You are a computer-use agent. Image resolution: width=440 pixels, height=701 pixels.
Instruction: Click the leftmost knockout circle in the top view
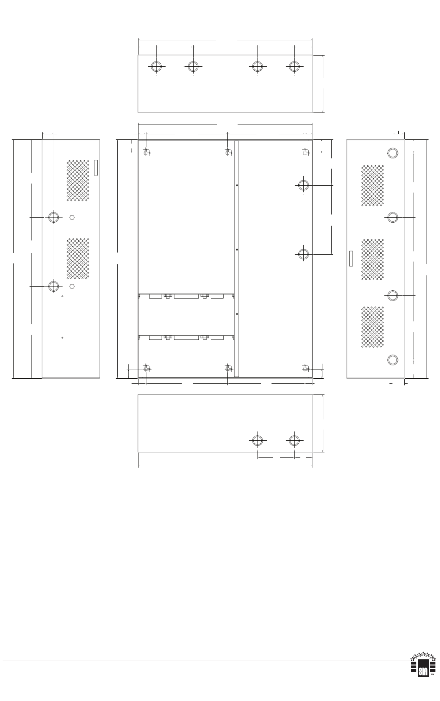(x=156, y=66)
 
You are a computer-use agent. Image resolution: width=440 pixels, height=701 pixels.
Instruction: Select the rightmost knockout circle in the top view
(x=294, y=66)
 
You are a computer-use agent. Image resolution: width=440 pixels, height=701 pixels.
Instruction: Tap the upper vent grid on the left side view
(x=78, y=181)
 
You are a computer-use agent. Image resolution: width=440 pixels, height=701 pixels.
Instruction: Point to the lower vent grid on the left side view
(x=78, y=258)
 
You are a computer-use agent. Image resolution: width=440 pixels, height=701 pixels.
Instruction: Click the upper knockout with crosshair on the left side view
(x=54, y=217)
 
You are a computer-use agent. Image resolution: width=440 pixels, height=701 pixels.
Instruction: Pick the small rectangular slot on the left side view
(x=96, y=168)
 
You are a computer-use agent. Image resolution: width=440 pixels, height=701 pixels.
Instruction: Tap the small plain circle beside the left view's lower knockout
(x=72, y=286)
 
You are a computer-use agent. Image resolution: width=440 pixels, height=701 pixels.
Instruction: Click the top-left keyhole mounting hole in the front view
(x=146, y=152)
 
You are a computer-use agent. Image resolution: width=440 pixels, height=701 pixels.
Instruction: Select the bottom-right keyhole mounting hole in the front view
(x=305, y=369)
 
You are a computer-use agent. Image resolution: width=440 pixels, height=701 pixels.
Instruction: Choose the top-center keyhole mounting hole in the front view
(x=228, y=152)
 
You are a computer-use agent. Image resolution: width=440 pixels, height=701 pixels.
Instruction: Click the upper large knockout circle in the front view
(x=303, y=185)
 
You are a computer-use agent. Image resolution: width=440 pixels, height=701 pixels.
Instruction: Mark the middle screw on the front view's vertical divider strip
(x=237, y=250)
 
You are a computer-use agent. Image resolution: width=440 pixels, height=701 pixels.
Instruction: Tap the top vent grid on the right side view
(x=372, y=186)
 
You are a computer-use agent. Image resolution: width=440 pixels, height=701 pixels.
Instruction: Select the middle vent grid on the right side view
(x=372, y=259)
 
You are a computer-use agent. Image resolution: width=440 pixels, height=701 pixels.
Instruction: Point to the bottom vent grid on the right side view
(x=372, y=327)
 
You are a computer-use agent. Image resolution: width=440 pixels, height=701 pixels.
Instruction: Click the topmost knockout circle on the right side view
(x=393, y=153)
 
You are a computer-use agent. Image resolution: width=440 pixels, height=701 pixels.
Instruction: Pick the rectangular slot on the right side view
(x=351, y=258)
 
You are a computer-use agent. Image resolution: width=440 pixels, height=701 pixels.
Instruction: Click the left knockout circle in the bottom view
(x=258, y=441)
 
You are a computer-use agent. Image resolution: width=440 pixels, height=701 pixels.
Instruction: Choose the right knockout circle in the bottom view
(x=294, y=441)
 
